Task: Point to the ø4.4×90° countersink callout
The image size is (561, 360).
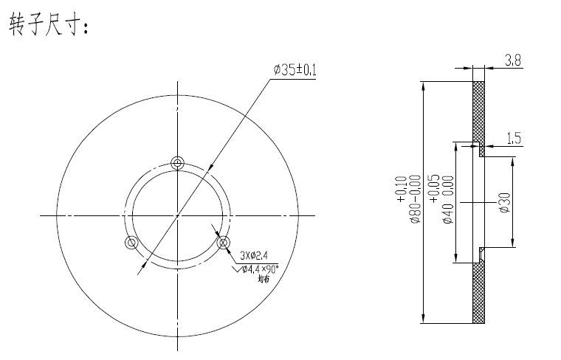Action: click(261, 269)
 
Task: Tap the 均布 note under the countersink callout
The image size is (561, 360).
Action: click(263, 280)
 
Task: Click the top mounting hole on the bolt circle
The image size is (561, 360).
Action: click(176, 163)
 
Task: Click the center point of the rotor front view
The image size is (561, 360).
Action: click(176, 215)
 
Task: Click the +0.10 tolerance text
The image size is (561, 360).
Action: click(402, 190)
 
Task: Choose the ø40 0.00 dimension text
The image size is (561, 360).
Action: click(448, 201)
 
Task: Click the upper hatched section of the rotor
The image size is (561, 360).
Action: click(478, 111)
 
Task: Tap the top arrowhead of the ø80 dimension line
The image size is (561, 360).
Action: click(423, 86)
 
